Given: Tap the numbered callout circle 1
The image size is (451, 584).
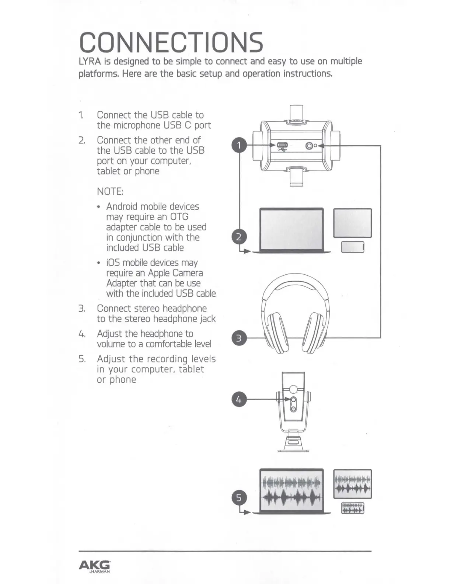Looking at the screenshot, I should click(239, 145).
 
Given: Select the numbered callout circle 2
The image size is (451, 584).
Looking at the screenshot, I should click(239, 237).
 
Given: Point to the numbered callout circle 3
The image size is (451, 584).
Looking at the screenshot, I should click(239, 338).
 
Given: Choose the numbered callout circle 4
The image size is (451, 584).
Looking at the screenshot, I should click(239, 399).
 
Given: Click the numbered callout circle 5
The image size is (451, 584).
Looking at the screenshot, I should click(239, 498).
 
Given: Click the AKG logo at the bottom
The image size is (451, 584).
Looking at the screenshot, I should click(95, 565).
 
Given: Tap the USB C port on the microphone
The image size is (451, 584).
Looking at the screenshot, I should click(282, 145).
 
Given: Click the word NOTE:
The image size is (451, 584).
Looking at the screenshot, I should click(110, 192).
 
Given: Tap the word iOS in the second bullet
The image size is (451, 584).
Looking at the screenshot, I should click(113, 263).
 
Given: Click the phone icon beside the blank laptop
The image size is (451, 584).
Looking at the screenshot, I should click(353, 247).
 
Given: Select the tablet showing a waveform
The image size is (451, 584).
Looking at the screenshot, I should click(353, 484).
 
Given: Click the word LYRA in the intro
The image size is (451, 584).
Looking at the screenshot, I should click(90, 61).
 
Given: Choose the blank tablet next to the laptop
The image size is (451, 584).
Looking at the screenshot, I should click(353, 223).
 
